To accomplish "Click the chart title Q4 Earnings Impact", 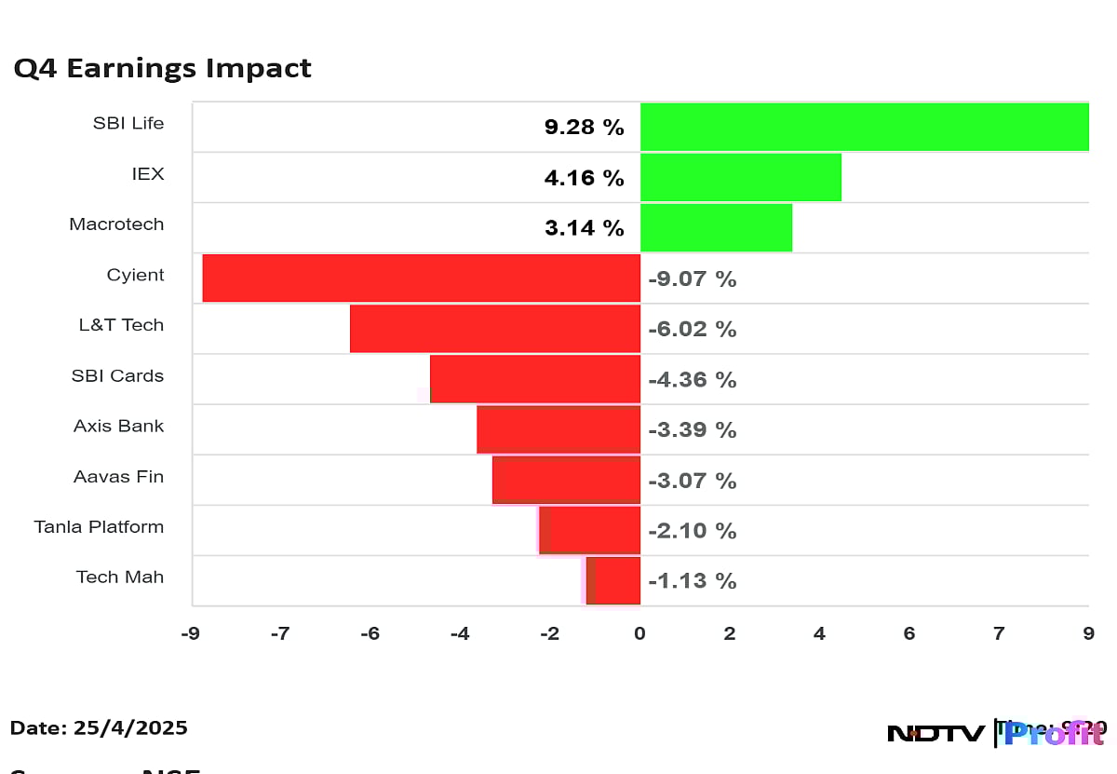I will (x=162, y=69).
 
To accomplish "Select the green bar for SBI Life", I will (x=864, y=127).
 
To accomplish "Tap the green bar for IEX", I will (x=740, y=177).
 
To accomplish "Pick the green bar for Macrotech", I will (x=716, y=227).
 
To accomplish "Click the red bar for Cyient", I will (x=421, y=278).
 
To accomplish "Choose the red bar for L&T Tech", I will (x=494, y=328).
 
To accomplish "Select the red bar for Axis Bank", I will (x=558, y=429).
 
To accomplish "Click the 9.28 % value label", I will (x=584, y=128).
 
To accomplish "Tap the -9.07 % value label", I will (x=692, y=278).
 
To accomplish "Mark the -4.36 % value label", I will (x=692, y=380).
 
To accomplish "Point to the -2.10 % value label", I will (x=692, y=531).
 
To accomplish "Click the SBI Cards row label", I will (x=117, y=376).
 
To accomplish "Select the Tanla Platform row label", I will (x=99, y=527).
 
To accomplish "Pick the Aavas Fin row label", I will (x=118, y=477).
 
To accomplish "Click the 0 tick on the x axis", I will (x=639, y=634).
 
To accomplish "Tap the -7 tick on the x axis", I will (x=278, y=634).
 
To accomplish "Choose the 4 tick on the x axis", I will (x=819, y=634).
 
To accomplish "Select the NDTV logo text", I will (x=935, y=734).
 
